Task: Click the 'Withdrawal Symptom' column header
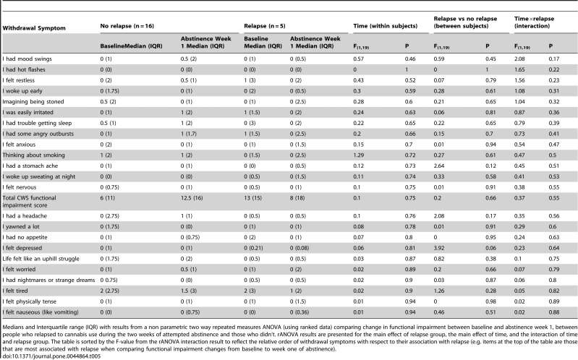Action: (x=34, y=28)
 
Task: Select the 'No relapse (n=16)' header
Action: (x=127, y=26)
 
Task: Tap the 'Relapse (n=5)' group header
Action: (x=265, y=26)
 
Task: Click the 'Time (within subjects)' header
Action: (x=385, y=26)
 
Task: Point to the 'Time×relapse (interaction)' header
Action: (x=534, y=22)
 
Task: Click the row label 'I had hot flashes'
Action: (x=24, y=69)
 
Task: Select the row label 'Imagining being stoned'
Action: (x=33, y=102)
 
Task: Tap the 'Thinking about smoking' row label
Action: (x=33, y=155)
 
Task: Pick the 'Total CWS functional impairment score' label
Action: (x=29, y=202)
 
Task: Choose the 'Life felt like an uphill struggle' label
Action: (x=41, y=259)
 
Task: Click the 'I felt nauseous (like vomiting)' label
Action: (x=41, y=312)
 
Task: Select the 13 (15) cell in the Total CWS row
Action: (x=253, y=198)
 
